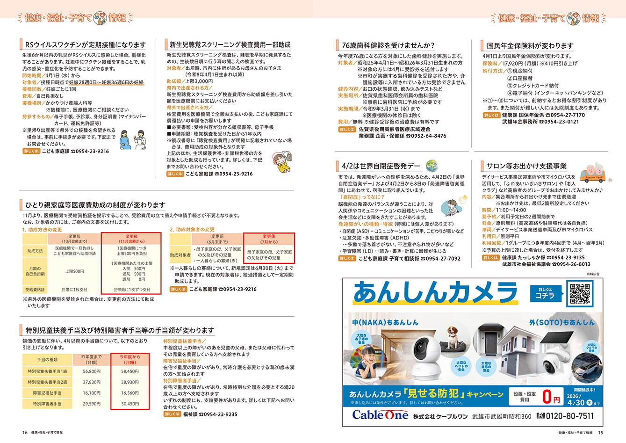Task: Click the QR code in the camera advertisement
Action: (579, 293)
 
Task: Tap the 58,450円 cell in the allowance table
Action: (130, 371)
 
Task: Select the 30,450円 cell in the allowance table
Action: (130, 404)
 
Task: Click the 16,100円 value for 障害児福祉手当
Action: (92, 393)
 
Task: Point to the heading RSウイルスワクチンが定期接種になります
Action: (85, 45)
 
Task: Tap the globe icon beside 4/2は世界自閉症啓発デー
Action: (431, 165)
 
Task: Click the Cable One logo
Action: (380, 415)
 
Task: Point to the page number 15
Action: (601, 432)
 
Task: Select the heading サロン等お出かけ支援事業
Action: (526, 166)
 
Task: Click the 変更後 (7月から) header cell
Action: (269, 239)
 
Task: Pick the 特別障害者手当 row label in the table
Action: (47, 404)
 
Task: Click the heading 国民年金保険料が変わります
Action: (530, 45)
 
